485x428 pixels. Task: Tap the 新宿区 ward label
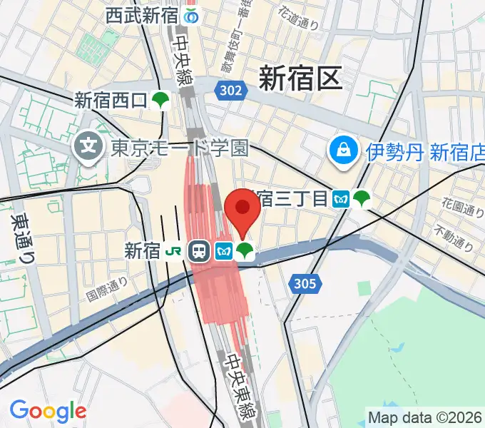point(300,78)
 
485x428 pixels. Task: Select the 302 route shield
point(230,90)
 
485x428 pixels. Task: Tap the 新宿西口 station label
point(110,101)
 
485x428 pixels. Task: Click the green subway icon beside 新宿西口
point(161,101)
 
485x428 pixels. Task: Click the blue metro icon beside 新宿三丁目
point(342,198)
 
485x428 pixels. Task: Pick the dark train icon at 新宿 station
point(199,250)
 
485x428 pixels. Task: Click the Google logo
point(48,411)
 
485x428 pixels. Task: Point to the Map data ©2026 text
point(424,417)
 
